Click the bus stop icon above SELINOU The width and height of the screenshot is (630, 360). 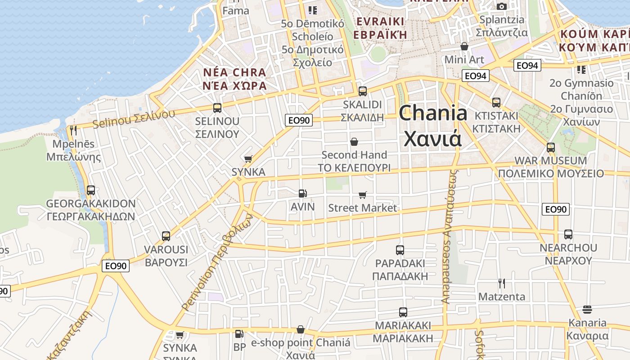217,108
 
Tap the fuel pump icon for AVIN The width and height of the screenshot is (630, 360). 303,193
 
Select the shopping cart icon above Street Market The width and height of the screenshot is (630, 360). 363,195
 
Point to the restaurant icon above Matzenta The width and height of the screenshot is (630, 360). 502,283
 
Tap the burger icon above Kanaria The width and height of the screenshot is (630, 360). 587,309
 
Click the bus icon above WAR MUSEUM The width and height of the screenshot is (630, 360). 551,148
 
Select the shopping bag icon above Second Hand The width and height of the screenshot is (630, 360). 354,142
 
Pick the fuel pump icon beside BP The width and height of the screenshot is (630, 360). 239,334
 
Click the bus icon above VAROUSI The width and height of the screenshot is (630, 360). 166,236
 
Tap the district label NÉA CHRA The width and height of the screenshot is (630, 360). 234,72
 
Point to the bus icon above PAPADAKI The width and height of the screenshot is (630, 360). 400,250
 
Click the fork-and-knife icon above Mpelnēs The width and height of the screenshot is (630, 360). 73,130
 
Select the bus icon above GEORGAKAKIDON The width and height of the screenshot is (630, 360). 91,190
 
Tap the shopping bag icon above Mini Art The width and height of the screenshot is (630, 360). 464,46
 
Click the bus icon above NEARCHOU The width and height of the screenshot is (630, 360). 568,234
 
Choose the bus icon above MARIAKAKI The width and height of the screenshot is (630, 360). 403,312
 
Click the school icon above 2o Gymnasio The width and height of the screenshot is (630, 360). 581,70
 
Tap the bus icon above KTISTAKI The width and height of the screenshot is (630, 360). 496,103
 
